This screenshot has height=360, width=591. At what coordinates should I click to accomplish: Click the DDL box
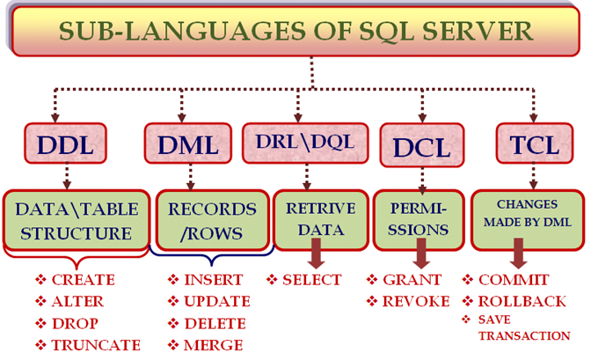66,143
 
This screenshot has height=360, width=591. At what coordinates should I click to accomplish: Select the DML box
187,143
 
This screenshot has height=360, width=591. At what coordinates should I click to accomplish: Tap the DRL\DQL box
305,143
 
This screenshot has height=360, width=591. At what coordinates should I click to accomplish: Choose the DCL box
422,145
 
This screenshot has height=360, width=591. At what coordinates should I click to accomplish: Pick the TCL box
535,143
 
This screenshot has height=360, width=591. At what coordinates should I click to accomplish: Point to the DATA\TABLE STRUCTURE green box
77,220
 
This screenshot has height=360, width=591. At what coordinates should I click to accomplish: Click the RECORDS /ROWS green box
212,220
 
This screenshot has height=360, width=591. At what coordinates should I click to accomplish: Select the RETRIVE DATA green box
320,220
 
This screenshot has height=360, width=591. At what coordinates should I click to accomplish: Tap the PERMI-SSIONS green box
419,220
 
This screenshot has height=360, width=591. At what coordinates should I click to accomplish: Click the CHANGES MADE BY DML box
528,220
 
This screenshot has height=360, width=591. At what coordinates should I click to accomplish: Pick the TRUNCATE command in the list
96,345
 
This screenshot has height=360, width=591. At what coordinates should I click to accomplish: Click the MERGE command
214,345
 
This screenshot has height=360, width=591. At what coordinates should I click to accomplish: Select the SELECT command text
312,280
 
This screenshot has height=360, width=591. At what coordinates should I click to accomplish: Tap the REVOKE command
416,302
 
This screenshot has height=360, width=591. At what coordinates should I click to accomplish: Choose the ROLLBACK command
522,302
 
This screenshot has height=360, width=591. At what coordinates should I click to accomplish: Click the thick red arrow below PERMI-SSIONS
421,253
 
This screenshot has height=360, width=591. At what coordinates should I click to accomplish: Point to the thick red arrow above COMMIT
519,253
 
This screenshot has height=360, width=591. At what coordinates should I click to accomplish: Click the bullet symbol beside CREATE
40,280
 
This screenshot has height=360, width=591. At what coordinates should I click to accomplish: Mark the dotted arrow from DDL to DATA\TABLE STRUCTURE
67,176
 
